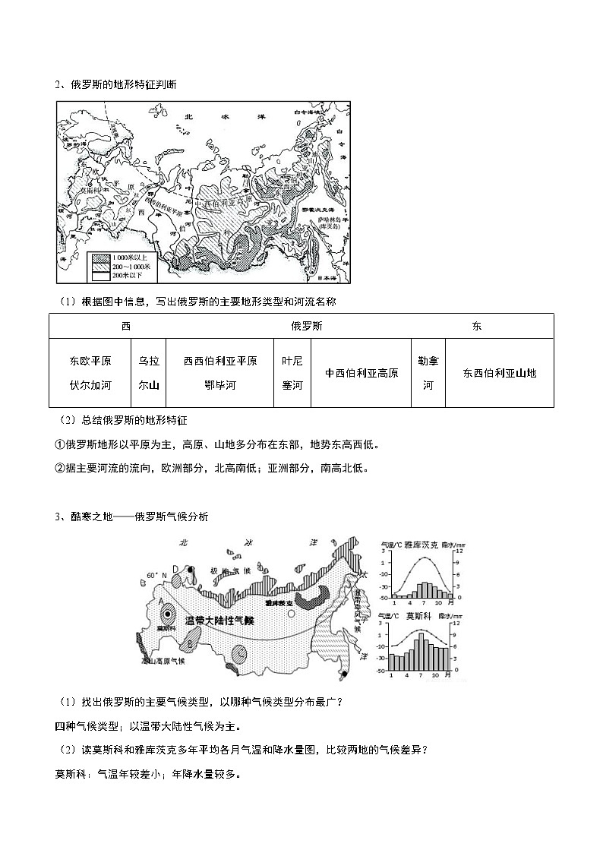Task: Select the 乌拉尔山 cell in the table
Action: pos(149,373)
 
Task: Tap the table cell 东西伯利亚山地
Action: pos(499,373)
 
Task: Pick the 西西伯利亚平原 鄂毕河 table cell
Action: pos(220,373)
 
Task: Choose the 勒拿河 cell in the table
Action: pos(428,373)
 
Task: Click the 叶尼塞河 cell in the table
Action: pos(292,373)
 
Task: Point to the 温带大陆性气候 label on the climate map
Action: pos(219,621)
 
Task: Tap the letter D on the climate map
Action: pos(175,569)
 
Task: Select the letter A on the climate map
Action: pos(161,600)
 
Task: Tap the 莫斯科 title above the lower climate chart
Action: pos(415,617)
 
